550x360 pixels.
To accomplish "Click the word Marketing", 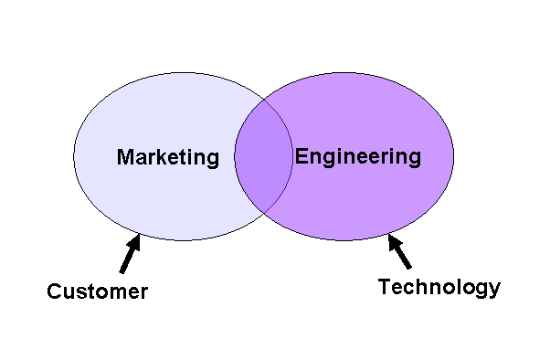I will pos(168,157).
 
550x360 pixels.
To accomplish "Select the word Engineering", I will pos(358,156).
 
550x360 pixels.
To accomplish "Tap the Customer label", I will pos(97,292).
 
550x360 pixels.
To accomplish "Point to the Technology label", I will pos(439,287).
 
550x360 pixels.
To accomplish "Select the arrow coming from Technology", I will pos(400,253).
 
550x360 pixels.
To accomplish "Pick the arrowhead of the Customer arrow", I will pos(136,241).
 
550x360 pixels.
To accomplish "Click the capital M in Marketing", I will pos(125,157).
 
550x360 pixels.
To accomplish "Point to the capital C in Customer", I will pos(54,292).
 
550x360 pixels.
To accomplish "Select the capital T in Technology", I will pos(385,287).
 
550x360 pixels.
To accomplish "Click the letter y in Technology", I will pos(494,291).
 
